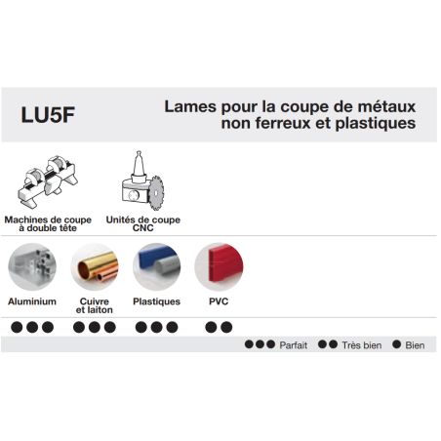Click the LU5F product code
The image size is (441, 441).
(53, 113)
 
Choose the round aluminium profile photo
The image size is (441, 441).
(32, 266)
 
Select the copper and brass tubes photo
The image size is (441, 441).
(94, 266)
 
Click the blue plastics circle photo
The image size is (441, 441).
(156, 266)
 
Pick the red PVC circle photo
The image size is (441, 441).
(218, 266)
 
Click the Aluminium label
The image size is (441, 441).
(32, 301)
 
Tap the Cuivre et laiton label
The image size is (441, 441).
(94, 305)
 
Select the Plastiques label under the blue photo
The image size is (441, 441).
(156, 301)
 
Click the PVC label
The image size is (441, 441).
(218, 301)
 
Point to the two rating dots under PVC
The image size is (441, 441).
(218, 327)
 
